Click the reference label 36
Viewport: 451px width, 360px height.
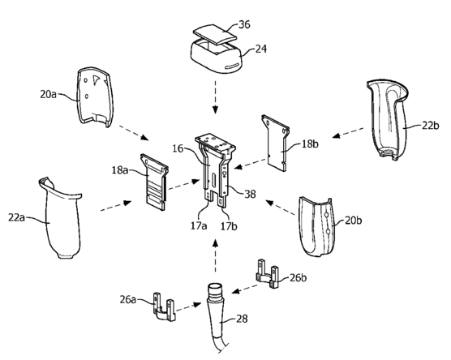click(244, 24)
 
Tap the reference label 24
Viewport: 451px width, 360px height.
click(261, 49)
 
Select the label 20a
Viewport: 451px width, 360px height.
click(49, 94)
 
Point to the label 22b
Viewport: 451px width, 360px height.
click(431, 126)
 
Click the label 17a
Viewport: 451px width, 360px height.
click(199, 225)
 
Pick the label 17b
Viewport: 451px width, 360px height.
click(229, 226)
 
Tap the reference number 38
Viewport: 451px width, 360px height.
click(250, 194)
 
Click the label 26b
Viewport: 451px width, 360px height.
click(298, 278)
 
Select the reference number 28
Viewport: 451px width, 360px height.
click(242, 319)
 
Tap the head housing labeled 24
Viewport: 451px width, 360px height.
click(217, 57)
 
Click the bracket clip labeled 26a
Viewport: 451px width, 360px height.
click(164, 306)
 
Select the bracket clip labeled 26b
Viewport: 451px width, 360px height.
click(267, 274)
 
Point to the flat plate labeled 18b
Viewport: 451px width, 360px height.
click(275, 143)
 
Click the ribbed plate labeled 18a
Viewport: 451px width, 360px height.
click(154, 182)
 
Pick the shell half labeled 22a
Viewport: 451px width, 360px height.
click(61, 219)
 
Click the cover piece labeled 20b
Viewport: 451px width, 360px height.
click(316, 226)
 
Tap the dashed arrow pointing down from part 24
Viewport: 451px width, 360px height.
click(215, 96)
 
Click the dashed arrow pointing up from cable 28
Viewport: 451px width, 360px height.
click(215, 255)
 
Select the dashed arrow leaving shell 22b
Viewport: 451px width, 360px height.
click(347, 133)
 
